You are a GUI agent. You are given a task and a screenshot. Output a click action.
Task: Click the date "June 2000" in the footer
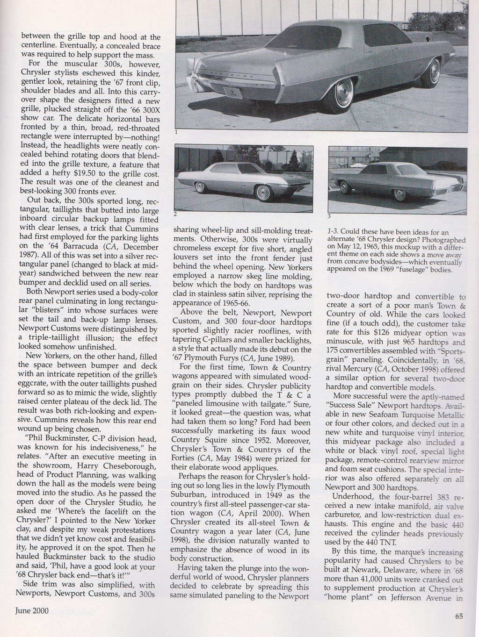coord(32,611)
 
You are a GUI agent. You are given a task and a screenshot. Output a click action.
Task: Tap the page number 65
coord(459,616)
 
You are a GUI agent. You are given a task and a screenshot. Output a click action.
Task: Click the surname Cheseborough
coord(129,466)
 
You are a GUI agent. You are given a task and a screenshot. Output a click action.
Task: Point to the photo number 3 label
coord(329,216)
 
